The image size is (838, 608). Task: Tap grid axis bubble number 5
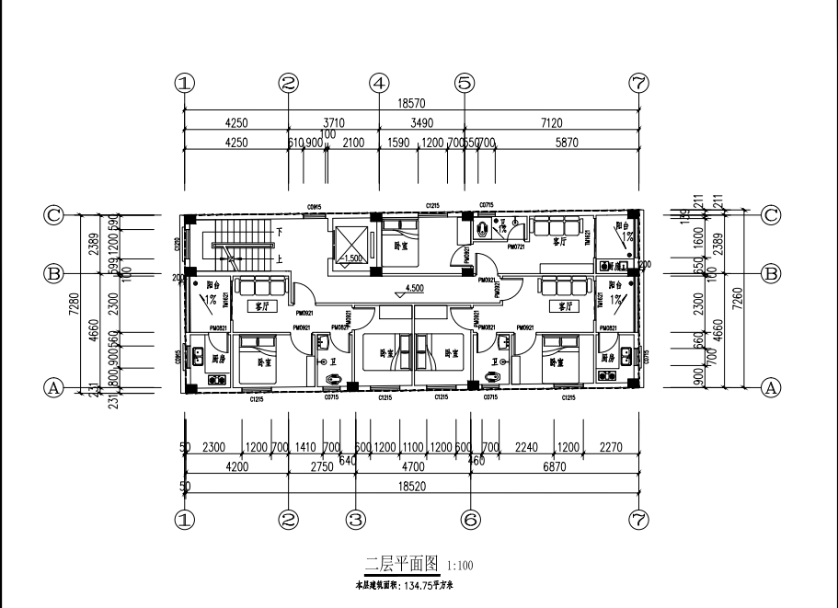click(x=465, y=83)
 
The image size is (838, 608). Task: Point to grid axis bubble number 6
click(x=471, y=520)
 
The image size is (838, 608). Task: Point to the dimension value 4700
click(x=414, y=467)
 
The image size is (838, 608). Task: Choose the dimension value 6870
click(x=555, y=467)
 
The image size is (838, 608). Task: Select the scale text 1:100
click(x=460, y=566)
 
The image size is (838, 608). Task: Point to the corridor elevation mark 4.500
click(x=414, y=287)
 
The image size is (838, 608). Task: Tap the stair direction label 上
click(x=279, y=259)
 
